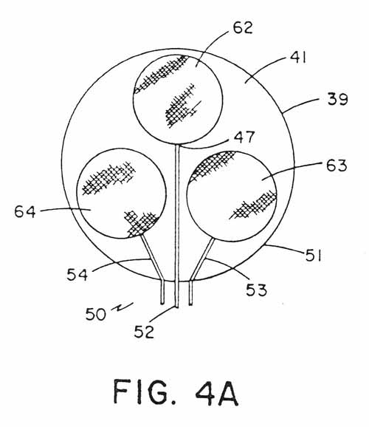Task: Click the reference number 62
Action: pos(243,27)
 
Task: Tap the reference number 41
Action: pos(298,58)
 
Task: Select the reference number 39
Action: pos(337,98)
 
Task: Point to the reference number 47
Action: pos(244,137)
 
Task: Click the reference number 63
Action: pos(337,165)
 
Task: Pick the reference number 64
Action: pos(25,211)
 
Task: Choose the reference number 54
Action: pos(77,274)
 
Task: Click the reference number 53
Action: pos(256,290)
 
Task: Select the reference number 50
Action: pos(95,314)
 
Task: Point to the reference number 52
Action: pos(144,332)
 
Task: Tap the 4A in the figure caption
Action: pos(217,392)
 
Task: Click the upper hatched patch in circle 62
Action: pos(162,73)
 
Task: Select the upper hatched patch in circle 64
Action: pos(108,178)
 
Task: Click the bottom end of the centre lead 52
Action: pos(176,307)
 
